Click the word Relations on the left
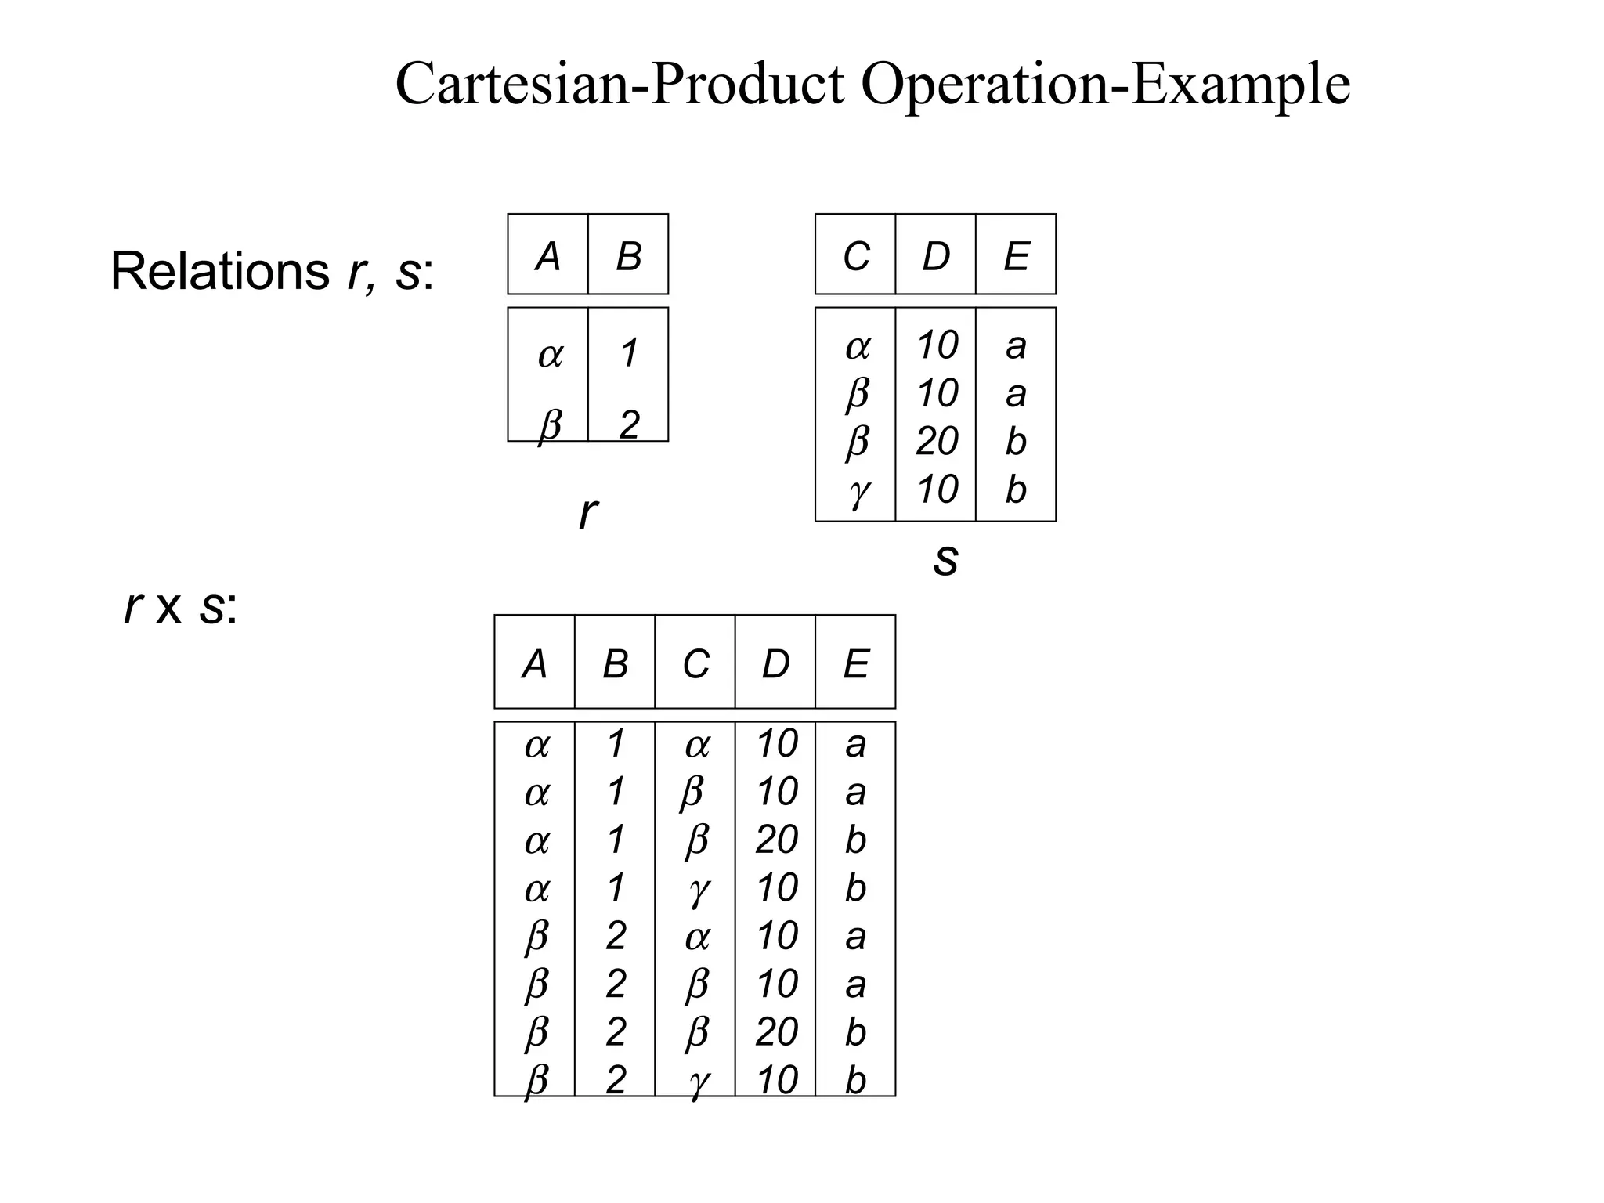pos(220,271)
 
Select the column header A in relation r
pos(547,256)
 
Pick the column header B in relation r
pos(628,256)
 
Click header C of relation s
pos(855,256)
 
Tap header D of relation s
pos(936,256)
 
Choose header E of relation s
pos(1016,256)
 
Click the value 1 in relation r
pos(628,353)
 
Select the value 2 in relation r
pos(629,425)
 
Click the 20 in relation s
pos(937,442)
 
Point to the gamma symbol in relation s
pos(858,491)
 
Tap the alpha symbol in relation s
pos(858,346)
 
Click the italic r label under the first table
pos(587,514)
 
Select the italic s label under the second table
pos(945,558)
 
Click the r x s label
pos(180,607)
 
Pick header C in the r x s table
pos(695,664)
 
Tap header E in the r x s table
pos(855,664)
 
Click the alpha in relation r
pos(550,355)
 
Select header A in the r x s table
pos(534,664)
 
